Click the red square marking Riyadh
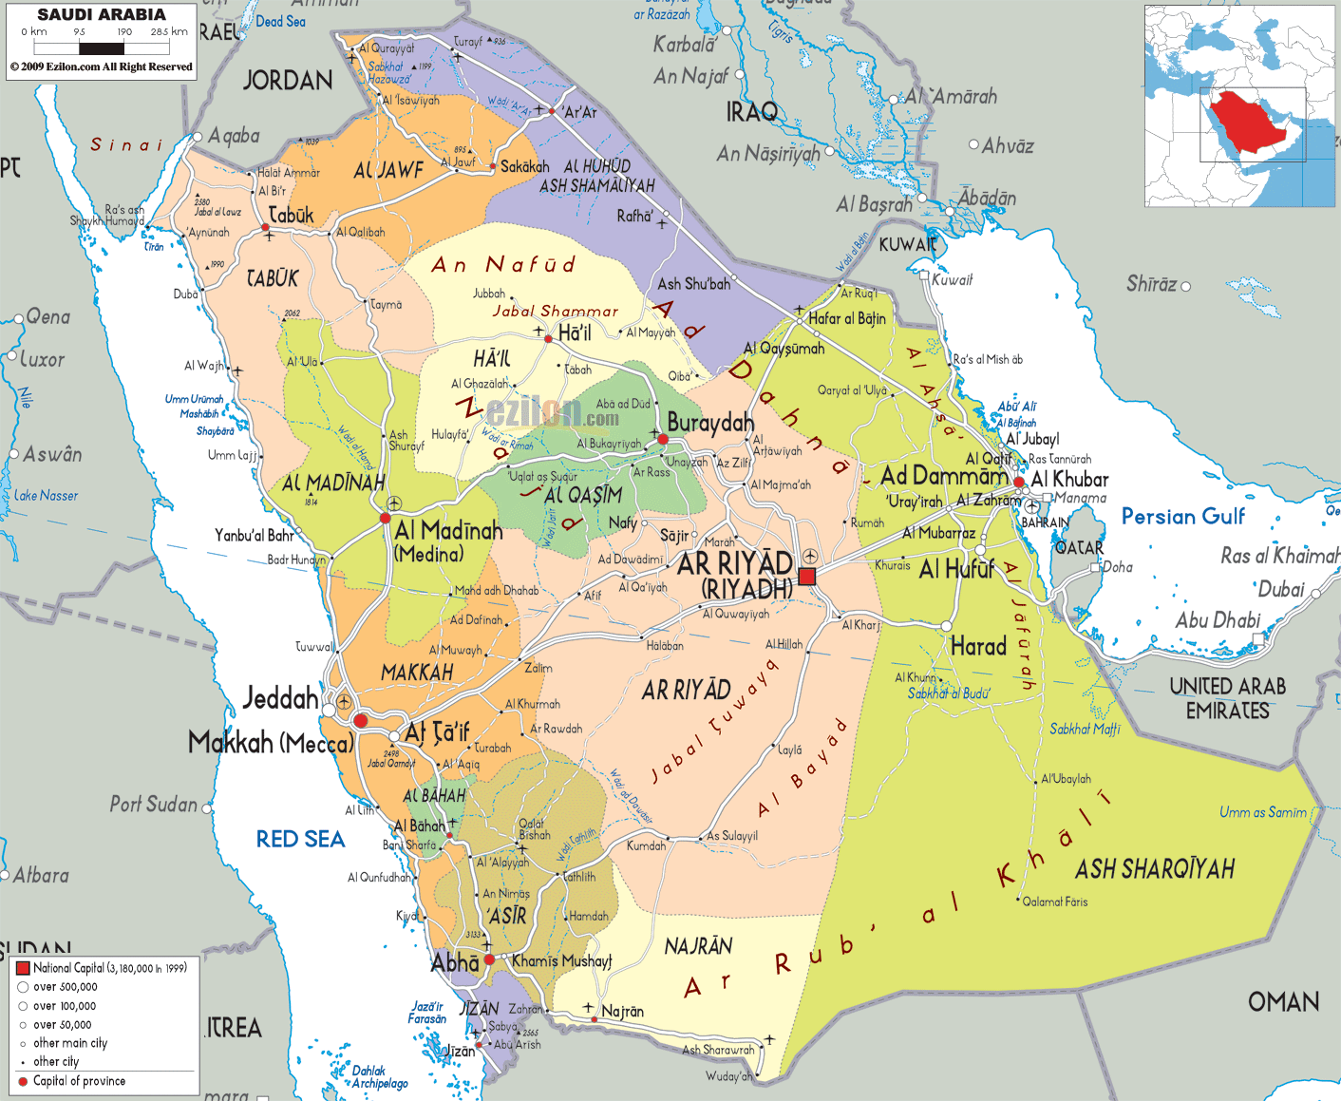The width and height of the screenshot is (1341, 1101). click(x=807, y=576)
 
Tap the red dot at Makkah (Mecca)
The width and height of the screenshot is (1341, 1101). click(x=361, y=721)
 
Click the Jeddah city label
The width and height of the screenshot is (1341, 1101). click(x=280, y=699)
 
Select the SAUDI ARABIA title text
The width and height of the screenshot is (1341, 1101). click(x=102, y=15)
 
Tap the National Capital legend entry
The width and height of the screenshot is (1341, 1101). click(x=102, y=968)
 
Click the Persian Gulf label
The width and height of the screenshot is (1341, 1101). click(x=1182, y=517)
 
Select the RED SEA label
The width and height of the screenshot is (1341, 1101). click(x=300, y=839)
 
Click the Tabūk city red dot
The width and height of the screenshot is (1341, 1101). click(x=266, y=227)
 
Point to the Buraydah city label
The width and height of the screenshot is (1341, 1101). click(x=710, y=423)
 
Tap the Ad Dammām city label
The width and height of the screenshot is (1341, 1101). click(x=944, y=475)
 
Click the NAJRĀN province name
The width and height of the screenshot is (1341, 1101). click(x=698, y=946)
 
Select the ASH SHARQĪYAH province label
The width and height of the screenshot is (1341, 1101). click(x=1155, y=869)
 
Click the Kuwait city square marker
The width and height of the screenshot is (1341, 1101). click(x=924, y=275)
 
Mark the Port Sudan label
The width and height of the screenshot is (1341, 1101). click(x=153, y=805)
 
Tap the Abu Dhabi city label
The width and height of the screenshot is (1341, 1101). click(x=1218, y=620)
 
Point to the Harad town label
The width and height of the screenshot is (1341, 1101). click(x=978, y=647)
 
